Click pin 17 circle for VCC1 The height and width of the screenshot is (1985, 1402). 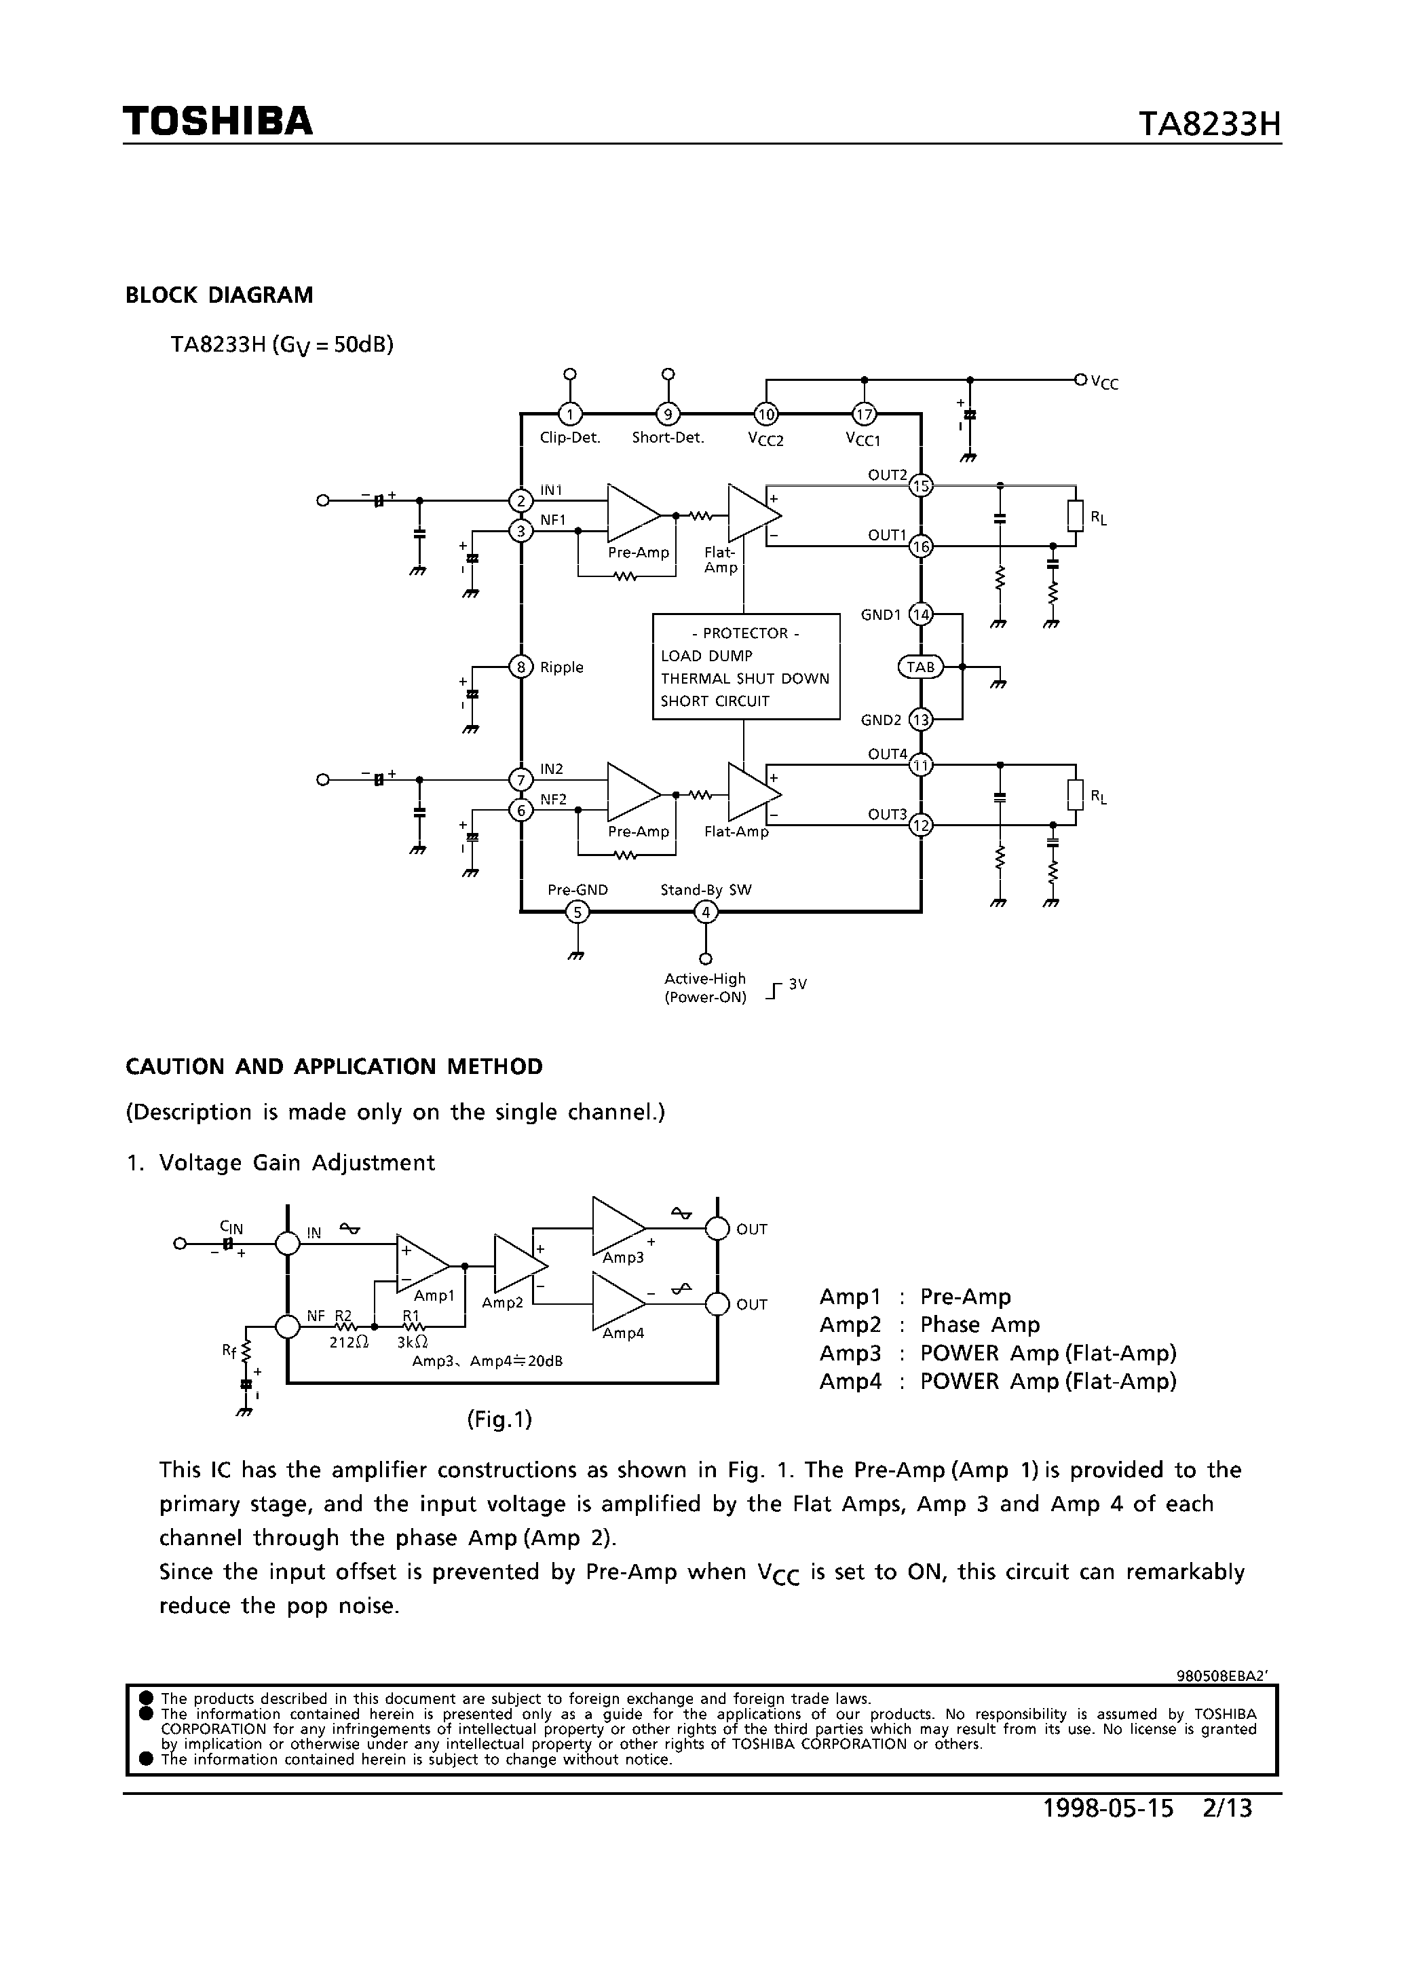click(x=865, y=414)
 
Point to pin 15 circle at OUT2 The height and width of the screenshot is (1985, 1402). click(x=922, y=486)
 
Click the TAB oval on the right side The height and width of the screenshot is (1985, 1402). click(x=922, y=667)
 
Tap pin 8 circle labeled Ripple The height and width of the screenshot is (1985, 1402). click(x=521, y=667)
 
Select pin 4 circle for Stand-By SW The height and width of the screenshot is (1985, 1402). click(x=706, y=912)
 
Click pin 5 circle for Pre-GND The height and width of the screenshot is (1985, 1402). click(x=577, y=912)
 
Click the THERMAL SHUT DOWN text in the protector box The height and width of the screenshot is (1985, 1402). click(x=745, y=679)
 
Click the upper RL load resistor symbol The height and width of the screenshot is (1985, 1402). click(x=1076, y=516)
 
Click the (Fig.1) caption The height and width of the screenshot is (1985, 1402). click(x=499, y=1419)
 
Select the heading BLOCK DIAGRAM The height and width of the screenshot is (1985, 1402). click(x=220, y=296)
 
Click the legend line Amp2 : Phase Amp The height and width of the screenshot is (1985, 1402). click(x=929, y=1324)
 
